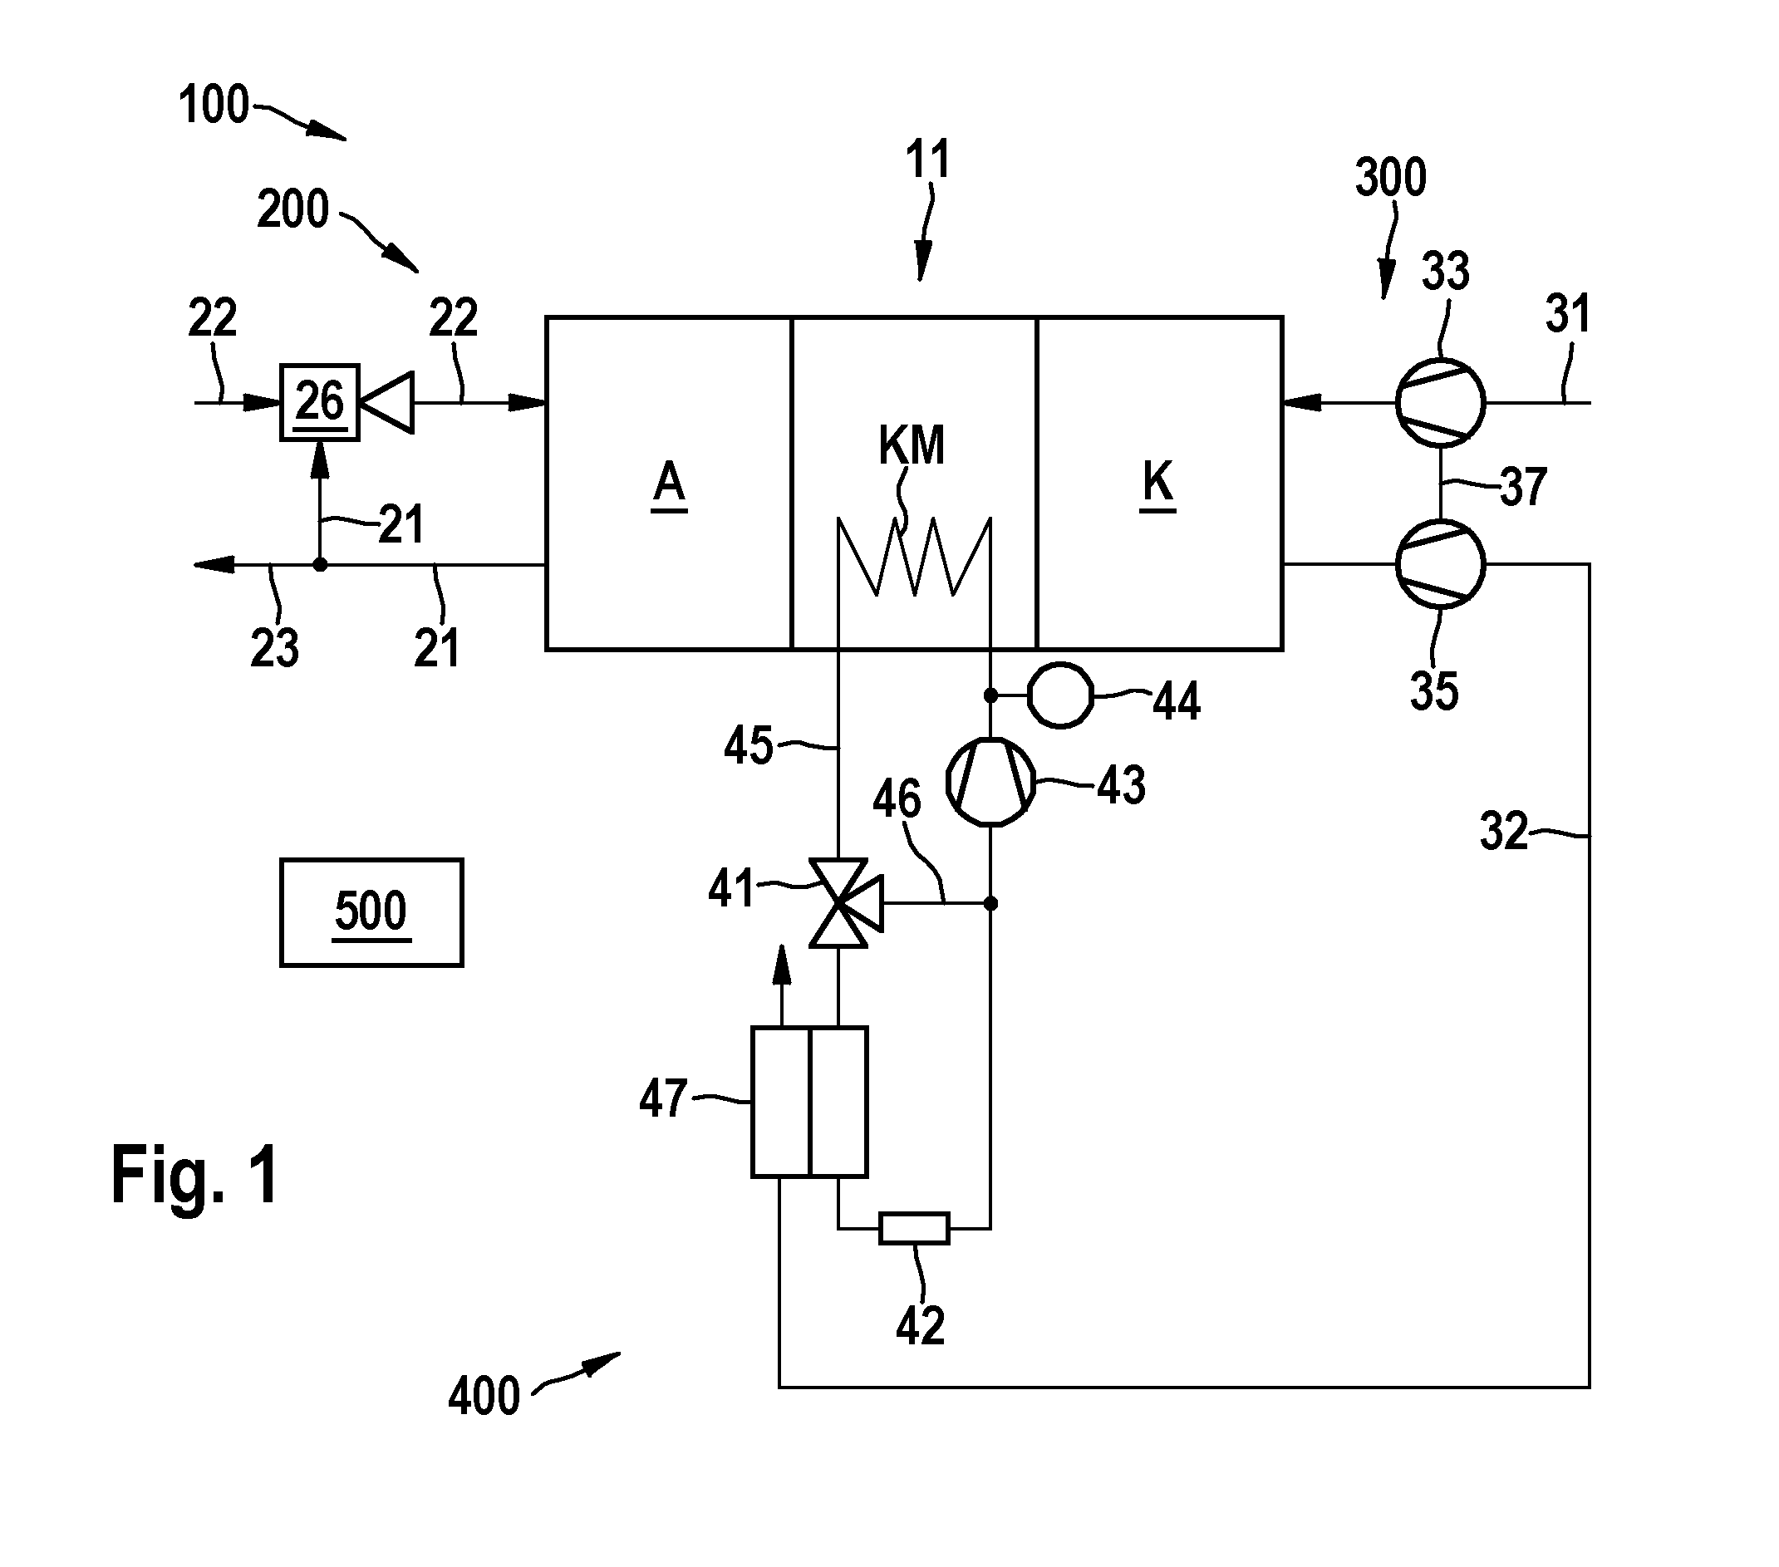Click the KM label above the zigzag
pos(912,445)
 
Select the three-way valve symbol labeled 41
pos(844,903)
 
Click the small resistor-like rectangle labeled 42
pos(914,1229)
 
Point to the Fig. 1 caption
pos(195,1176)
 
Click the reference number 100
pos(214,105)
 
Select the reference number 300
pos(1391,177)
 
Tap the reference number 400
pos(484,1397)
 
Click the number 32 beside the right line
pos(1504,831)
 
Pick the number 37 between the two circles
pos(1523,486)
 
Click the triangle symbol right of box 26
pos(387,402)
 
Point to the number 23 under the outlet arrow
pos(274,648)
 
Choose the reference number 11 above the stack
pos(927,160)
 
